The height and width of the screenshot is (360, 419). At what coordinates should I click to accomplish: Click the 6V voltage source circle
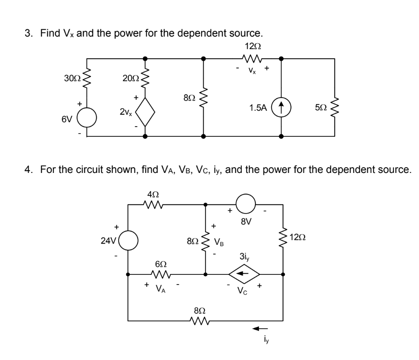pos(87,118)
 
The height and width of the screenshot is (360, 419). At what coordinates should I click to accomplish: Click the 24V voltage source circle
pos(128,242)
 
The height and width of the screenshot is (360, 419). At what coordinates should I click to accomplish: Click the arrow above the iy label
pos(260,328)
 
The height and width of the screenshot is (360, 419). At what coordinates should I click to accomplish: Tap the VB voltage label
pos(219,242)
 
